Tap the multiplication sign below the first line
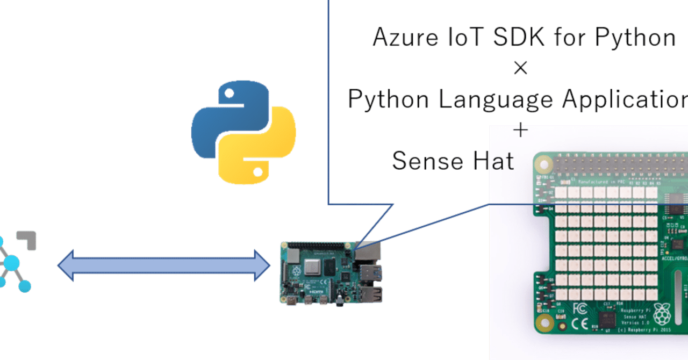pyautogui.click(x=520, y=68)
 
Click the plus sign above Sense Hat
pyautogui.click(x=520, y=130)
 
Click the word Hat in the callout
pyautogui.click(x=494, y=161)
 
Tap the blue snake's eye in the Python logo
pyautogui.click(x=230, y=93)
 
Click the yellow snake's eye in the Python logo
pyautogui.click(x=258, y=172)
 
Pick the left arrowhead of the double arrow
pyautogui.click(x=66, y=265)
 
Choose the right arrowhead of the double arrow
pyautogui.click(x=262, y=265)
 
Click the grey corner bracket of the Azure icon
pyautogui.click(x=28, y=239)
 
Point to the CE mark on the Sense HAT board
pyautogui.click(x=577, y=325)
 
